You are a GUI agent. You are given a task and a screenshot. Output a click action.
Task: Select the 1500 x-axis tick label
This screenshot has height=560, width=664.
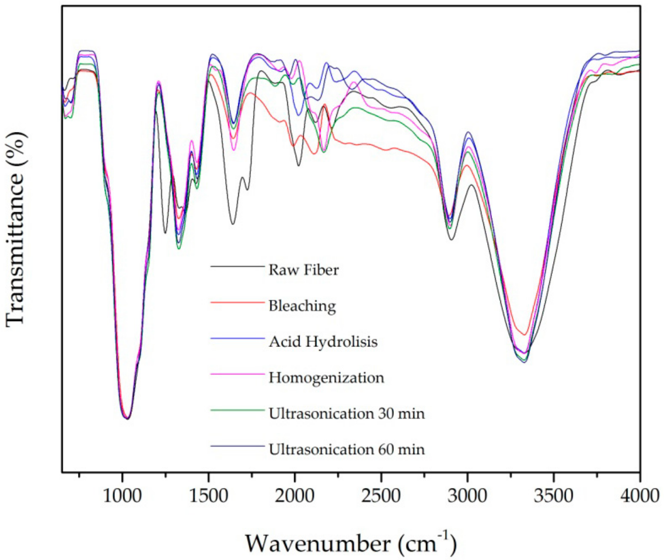pyautogui.click(x=209, y=496)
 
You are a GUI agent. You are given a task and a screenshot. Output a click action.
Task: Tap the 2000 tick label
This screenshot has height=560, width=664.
pyautogui.click(x=295, y=496)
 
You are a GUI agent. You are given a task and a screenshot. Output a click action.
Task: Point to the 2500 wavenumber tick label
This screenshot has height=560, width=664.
pyautogui.click(x=381, y=496)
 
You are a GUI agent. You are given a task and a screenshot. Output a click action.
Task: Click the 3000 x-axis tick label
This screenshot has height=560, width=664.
pyautogui.click(x=467, y=496)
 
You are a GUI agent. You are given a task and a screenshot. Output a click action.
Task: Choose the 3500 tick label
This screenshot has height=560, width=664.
pyautogui.click(x=554, y=496)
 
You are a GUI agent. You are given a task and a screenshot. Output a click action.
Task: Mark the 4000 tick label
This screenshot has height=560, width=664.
pyautogui.click(x=639, y=496)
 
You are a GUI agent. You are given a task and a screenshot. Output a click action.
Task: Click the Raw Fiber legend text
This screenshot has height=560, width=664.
pyautogui.click(x=303, y=270)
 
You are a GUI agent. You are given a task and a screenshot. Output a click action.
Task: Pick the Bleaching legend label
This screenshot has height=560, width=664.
pyautogui.click(x=302, y=306)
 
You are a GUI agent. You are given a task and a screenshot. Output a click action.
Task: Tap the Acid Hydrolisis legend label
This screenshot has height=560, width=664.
pyautogui.click(x=323, y=342)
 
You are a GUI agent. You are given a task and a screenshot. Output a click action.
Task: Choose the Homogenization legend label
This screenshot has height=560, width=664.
pyautogui.click(x=326, y=378)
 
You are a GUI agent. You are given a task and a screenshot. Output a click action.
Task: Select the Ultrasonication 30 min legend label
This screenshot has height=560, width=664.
pyautogui.click(x=347, y=414)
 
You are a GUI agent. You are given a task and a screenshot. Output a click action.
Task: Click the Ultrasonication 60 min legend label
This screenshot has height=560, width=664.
pyautogui.click(x=347, y=449)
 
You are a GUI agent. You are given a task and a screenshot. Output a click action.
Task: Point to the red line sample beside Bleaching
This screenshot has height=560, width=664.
pyautogui.click(x=237, y=302)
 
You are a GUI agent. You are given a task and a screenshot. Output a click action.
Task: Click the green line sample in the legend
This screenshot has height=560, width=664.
pyautogui.click(x=237, y=410)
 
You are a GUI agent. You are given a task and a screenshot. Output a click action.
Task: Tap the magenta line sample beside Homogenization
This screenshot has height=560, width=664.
pyautogui.click(x=237, y=374)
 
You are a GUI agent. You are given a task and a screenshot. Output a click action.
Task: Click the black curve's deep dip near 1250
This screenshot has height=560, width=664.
pyautogui.click(x=165, y=233)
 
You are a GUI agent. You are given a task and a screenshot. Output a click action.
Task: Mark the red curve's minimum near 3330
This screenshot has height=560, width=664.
pyautogui.click(x=525, y=335)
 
